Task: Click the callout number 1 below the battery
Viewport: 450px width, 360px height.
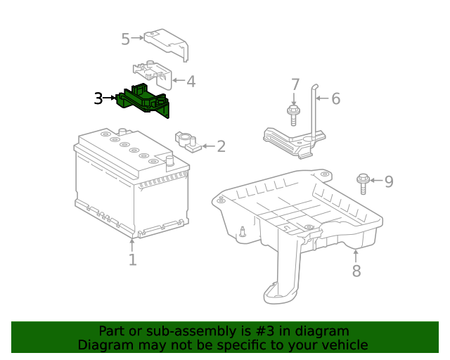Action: tap(132, 259)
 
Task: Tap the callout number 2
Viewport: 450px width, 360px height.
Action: tap(221, 146)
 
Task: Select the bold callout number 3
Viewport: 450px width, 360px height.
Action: tap(98, 98)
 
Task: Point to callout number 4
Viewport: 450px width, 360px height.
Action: tap(191, 82)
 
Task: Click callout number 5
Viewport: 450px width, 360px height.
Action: tap(125, 39)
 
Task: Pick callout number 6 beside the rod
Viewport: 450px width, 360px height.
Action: tap(336, 98)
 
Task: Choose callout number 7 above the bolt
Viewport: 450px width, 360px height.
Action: tap(295, 84)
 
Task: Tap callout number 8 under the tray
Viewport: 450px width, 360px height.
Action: tap(356, 271)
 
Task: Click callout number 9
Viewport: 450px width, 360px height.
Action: tap(389, 181)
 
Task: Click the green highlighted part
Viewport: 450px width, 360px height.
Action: tap(143, 100)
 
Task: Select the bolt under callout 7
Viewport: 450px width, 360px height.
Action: tap(293, 115)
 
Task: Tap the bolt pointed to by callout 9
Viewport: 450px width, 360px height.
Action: tap(363, 184)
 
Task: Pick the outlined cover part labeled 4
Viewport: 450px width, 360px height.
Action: tap(153, 74)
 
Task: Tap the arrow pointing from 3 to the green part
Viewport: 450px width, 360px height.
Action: tap(109, 98)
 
